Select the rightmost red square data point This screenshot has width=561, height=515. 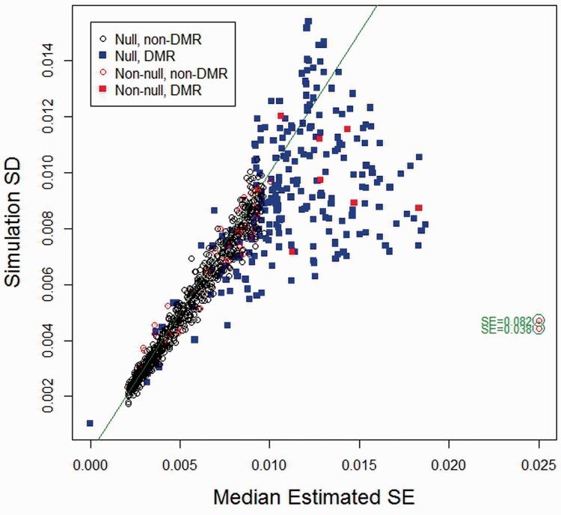pos(419,207)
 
